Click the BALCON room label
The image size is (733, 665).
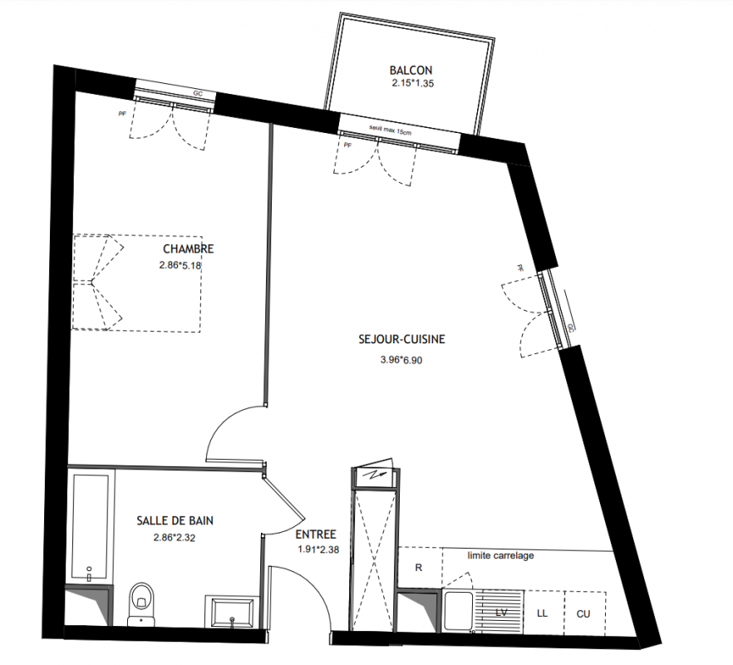click(x=411, y=71)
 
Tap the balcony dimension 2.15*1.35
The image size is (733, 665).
click(x=413, y=84)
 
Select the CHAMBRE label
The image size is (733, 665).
click(x=189, y=249)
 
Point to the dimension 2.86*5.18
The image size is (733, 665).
click(x=180, y=265)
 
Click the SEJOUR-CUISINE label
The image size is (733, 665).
click(x=401, y=339)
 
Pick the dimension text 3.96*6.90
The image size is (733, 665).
click(x=401, y=360)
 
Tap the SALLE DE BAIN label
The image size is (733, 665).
click(x=175, y=520)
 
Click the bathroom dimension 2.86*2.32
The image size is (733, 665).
click(x=175, y=538)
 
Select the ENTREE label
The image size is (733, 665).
click(x=316, y=534)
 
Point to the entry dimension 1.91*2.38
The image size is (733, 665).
click(x=318, y=550)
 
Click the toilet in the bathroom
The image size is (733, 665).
click(x=141, y=603)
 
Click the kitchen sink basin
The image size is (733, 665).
click(x=458, y=611)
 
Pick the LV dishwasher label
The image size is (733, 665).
click(x=501, y=612)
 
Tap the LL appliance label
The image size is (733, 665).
click(x=542, y=613)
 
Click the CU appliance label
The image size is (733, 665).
click(x=583, y=613)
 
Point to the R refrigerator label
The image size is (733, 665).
click(x=418, y=568)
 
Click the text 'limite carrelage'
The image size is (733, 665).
click(x=500, y=555)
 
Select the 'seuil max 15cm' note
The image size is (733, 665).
click(x=391, y=130)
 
